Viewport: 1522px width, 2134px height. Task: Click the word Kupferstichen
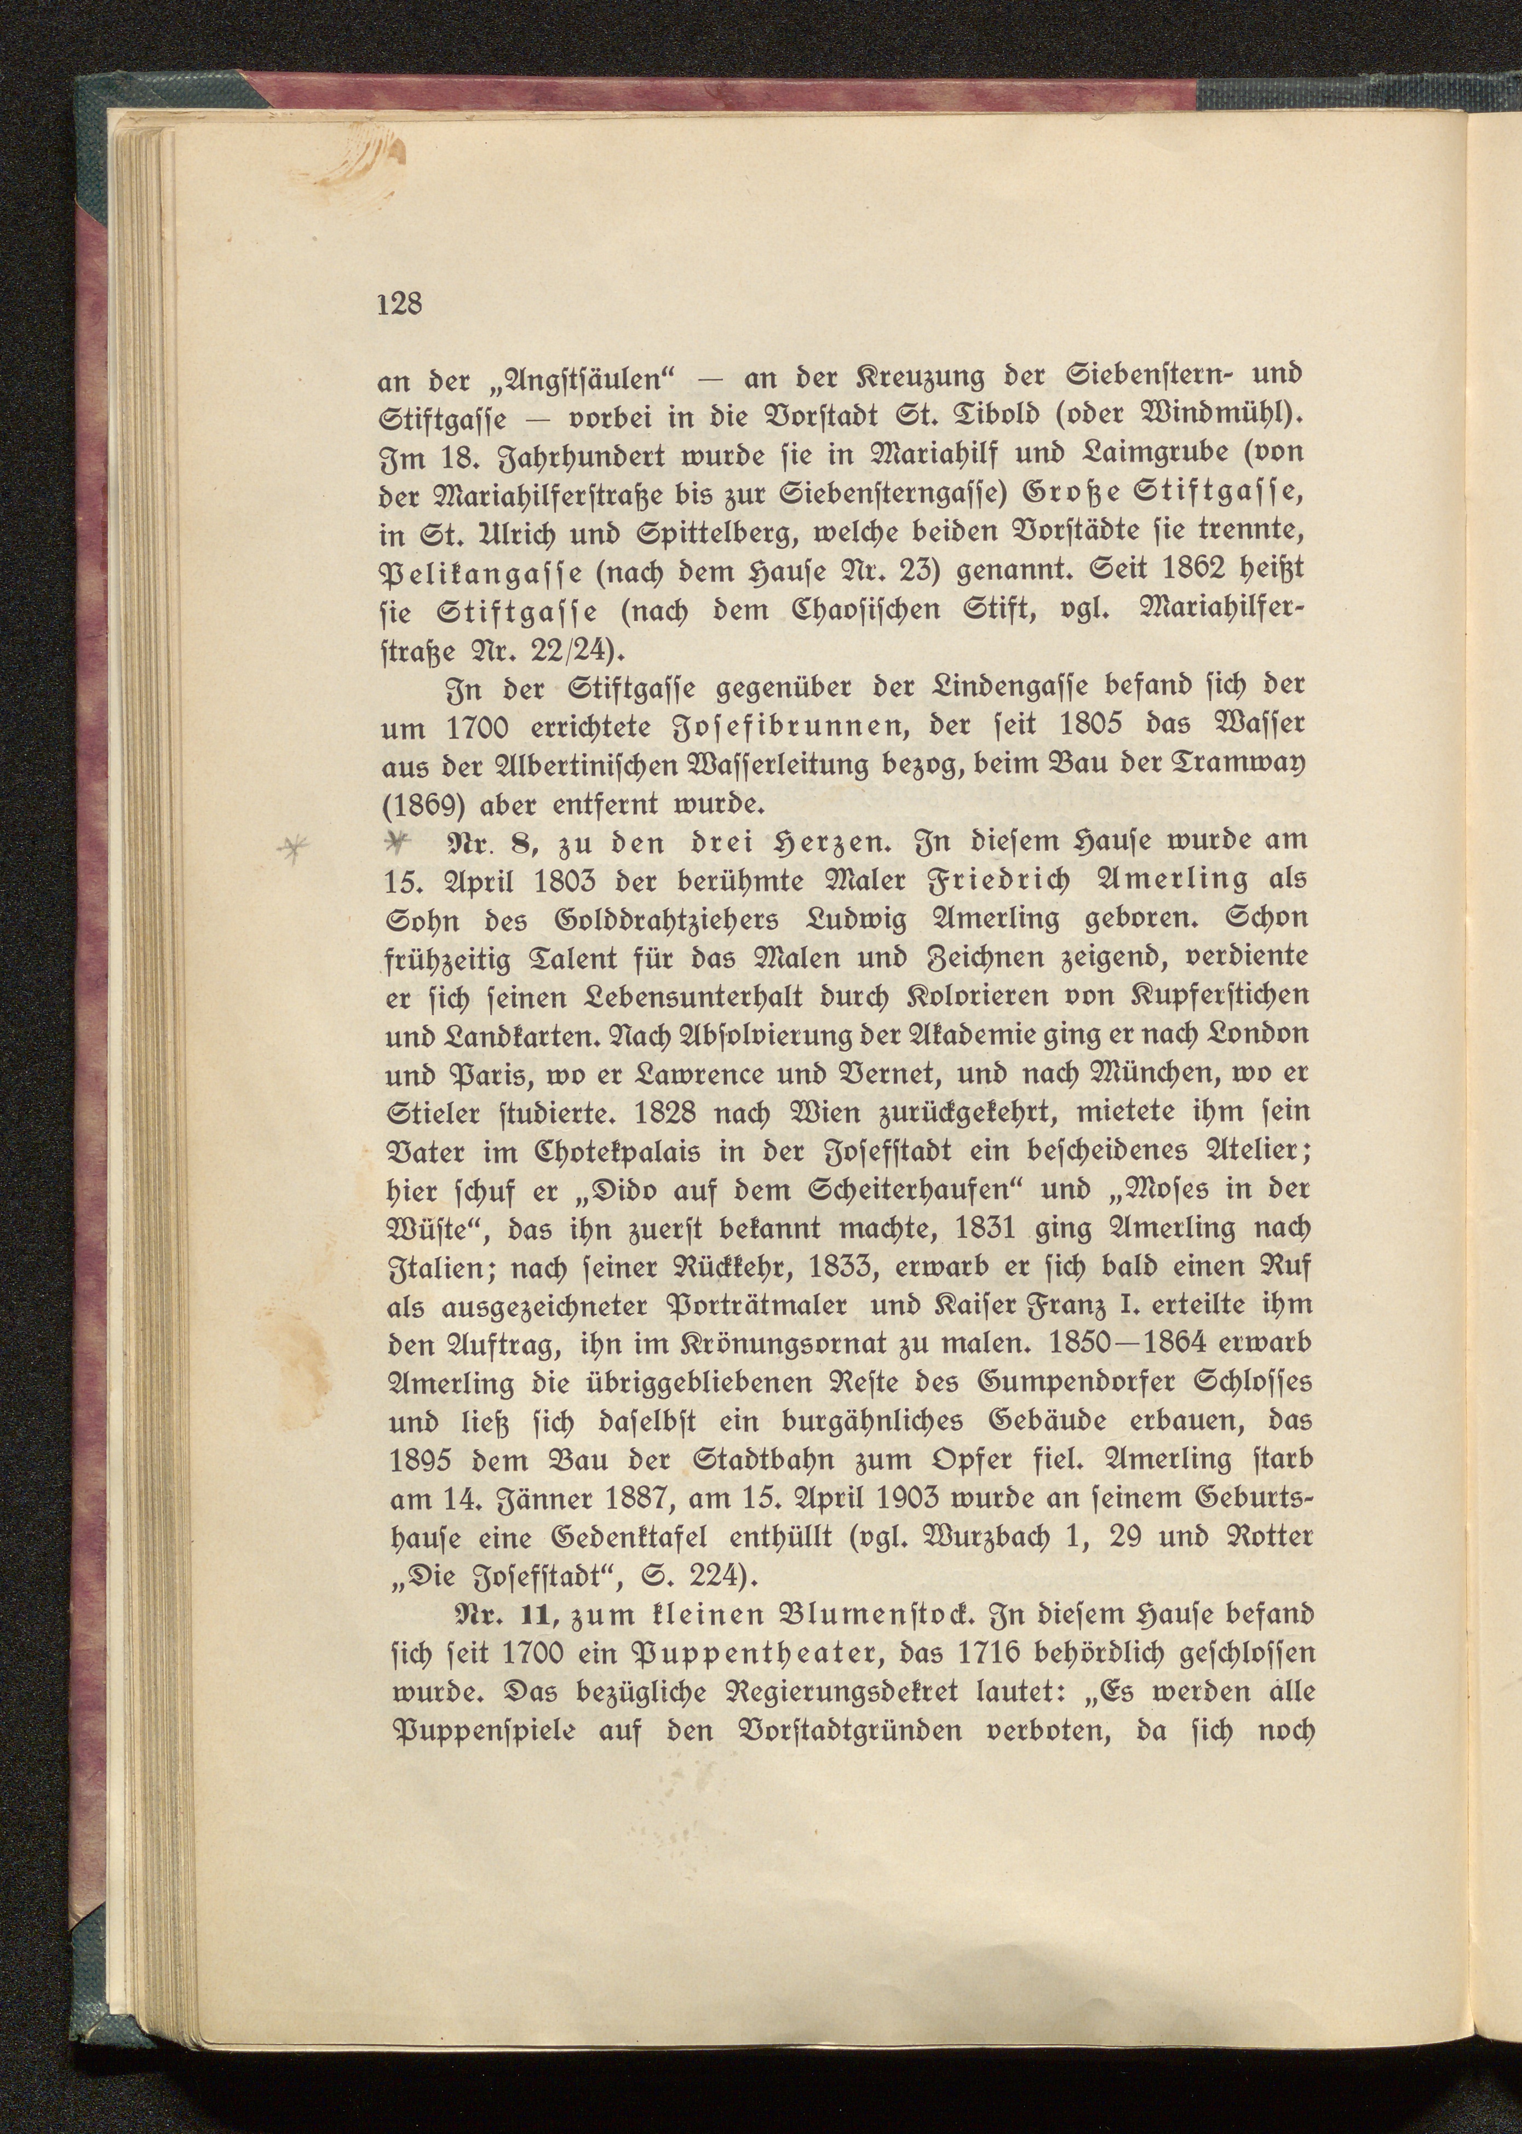pyautogui.click(x=1213, y=995)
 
